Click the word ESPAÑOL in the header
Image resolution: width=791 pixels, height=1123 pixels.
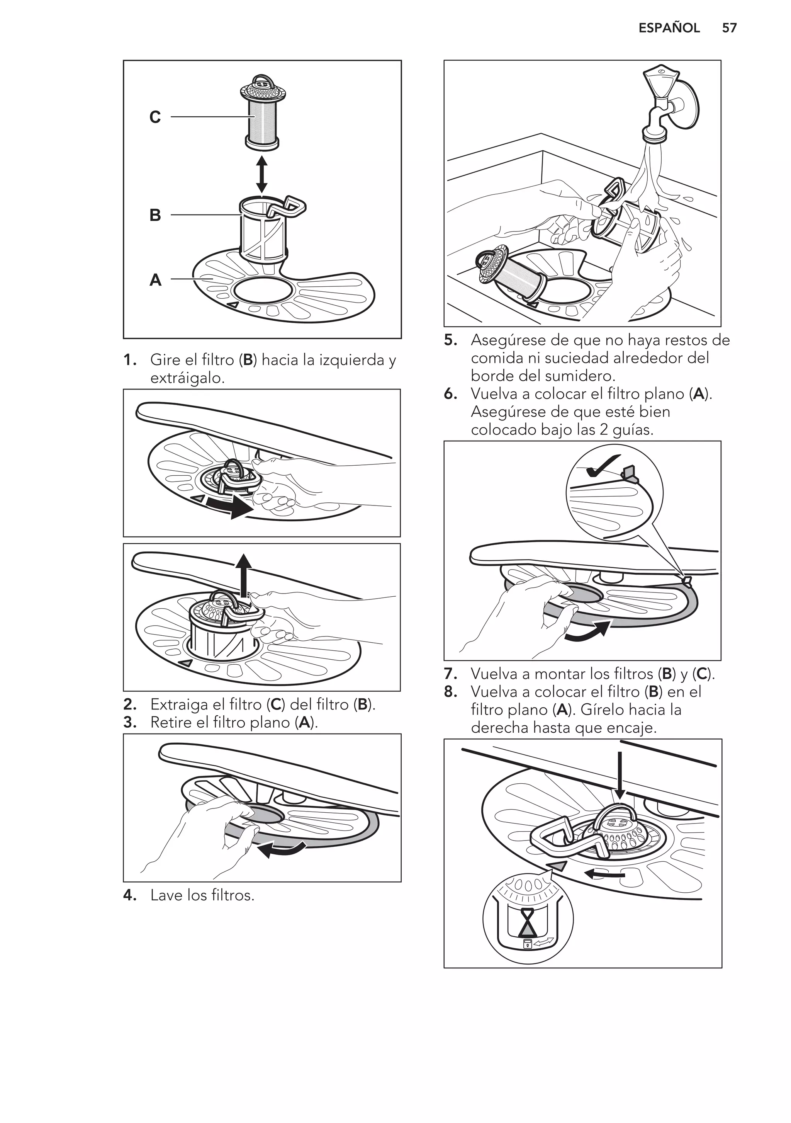669,28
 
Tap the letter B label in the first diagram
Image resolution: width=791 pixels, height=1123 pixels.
155,215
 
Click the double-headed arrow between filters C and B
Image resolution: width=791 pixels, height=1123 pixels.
261,174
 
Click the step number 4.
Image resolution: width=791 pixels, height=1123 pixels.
129,895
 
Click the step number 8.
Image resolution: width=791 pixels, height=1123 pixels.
450,692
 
